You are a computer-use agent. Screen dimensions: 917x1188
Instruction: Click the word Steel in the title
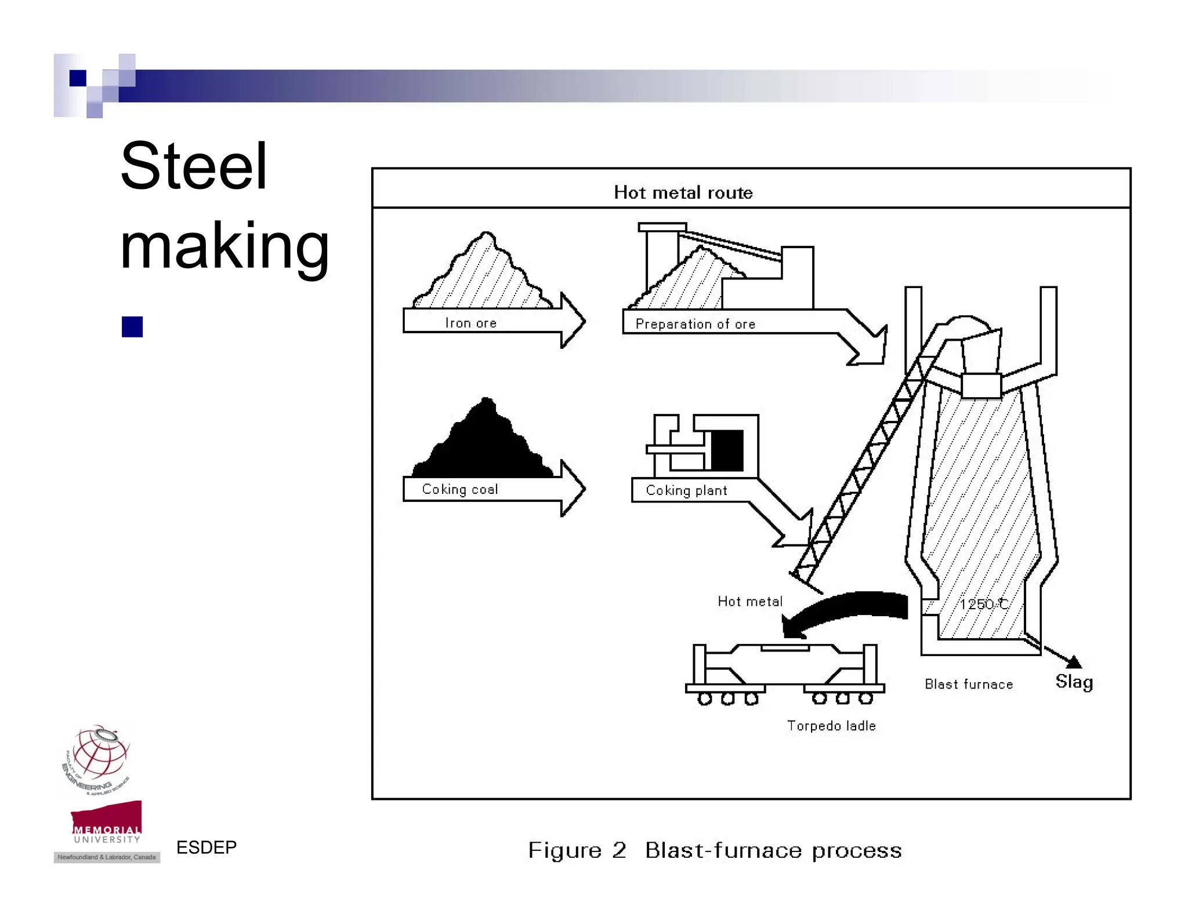(194, 167)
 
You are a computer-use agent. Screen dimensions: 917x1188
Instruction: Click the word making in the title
(224, 246)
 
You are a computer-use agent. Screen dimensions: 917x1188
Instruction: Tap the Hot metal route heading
(683, 192)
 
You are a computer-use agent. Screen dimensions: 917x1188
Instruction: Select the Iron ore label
(470, 323)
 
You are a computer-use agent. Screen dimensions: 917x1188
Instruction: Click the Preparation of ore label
(695, 324)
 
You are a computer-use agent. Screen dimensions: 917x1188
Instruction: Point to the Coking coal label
(459, 489)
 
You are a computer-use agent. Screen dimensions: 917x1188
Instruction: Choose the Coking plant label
(686, 490)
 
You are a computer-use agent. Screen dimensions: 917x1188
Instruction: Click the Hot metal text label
(749, 602)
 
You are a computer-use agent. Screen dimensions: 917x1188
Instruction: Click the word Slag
(1074, 682)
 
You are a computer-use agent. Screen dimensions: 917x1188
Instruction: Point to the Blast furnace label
(968, 685)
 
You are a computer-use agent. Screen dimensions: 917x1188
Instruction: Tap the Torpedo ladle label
(831, 726)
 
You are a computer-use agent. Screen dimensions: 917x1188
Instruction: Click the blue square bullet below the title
(132, 327)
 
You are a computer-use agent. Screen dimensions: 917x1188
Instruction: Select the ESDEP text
(206, 847)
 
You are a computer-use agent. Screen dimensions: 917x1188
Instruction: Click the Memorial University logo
(106, 823)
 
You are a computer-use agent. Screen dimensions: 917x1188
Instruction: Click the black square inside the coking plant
(727, 450)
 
